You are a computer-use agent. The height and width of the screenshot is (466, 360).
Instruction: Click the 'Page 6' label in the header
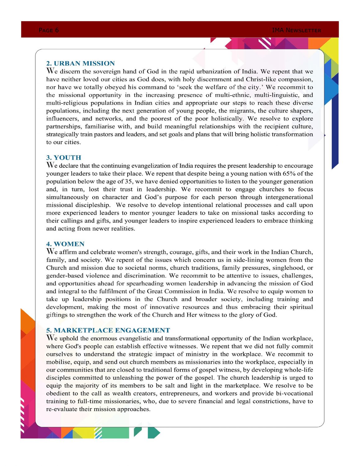[x=49, y=30]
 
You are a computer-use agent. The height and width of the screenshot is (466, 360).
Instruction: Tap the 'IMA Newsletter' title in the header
[x=296, y=30]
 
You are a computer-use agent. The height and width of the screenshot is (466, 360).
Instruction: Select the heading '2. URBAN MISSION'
[x=80, y=63]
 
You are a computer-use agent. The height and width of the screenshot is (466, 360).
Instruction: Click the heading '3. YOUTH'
[x=64, y=158]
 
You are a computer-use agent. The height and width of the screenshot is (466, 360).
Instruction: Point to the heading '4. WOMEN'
[x=65, y=244]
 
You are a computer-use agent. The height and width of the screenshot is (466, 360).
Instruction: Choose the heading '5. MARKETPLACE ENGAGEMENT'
[x=108, y=330]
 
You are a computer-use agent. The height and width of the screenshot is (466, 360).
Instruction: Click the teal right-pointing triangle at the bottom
[x=154, y=433]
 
